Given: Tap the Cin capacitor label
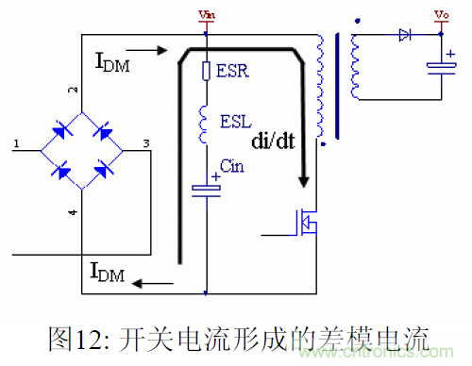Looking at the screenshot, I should coord(231,167).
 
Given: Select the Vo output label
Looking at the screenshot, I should coord(440,15).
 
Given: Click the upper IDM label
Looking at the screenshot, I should coord(114,63).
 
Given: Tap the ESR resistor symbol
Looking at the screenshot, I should coord(206,70).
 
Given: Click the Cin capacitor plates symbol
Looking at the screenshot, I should coord(206,189).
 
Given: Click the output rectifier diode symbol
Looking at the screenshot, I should coord(404,35).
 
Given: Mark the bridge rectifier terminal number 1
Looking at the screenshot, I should coord(16,144).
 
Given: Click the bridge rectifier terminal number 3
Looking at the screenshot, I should coord(144,143).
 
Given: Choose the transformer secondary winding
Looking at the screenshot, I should coord(356,66).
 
